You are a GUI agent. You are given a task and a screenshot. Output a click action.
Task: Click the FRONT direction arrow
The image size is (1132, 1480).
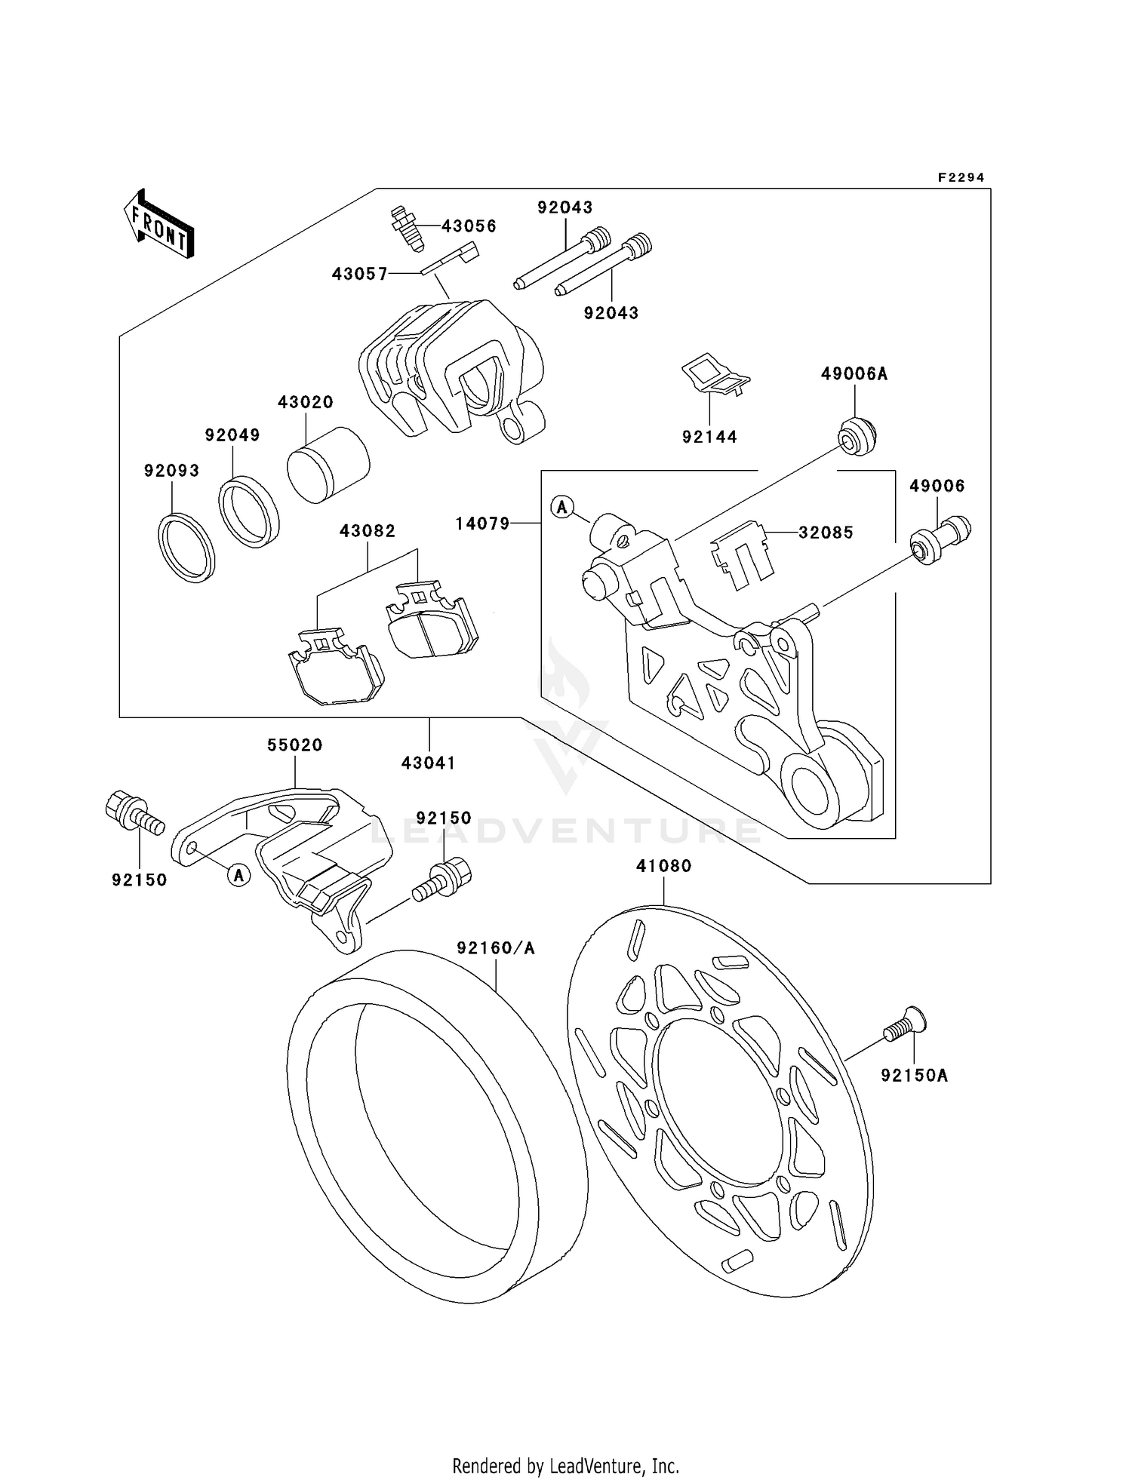pos(159,224)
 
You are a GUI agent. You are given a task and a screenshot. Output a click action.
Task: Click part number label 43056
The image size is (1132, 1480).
pos(469,226)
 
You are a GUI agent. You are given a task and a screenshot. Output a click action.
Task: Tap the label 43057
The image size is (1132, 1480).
pos(360,275)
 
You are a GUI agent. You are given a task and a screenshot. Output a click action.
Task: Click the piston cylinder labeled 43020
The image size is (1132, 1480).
pos(328,465)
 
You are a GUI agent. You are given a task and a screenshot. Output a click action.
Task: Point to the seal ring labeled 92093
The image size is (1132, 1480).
pos(186,547)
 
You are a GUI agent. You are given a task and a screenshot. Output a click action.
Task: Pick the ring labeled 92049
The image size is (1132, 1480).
pos(249,511)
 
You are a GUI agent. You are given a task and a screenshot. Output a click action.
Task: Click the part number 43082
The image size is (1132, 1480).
pos(368,531)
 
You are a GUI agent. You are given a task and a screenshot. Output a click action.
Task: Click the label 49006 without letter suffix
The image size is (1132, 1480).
pos(937,487)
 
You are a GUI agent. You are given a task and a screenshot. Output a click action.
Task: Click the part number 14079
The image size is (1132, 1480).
pos(483,523)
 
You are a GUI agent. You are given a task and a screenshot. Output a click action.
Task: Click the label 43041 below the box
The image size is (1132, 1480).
pos(429,763)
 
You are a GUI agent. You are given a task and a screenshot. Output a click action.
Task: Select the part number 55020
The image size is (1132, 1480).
pos(294,745)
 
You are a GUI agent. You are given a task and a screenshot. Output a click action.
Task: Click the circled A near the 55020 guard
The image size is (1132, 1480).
pos(239,875)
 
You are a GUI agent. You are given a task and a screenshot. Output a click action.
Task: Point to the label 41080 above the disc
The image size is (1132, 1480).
pos(663,866)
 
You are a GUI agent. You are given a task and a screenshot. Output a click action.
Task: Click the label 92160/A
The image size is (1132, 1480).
pos(495,948)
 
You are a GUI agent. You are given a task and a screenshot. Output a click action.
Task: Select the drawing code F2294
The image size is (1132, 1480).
pos(961,178)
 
